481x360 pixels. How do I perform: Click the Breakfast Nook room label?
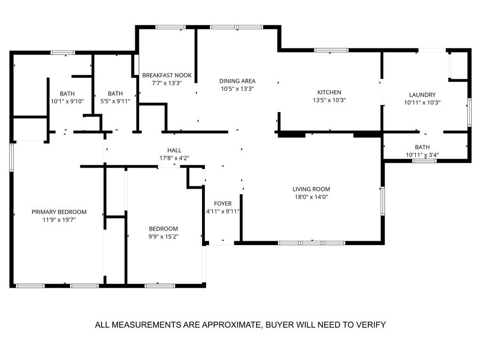point(167,75)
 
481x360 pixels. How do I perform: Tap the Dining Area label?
point(237,81)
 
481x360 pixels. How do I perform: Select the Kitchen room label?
point(329,92)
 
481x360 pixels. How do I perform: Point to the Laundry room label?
point(422,94)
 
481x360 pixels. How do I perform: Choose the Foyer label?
point(223,203)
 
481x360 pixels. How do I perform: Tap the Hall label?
point(174,150)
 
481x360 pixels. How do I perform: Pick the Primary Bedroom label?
point(59,212)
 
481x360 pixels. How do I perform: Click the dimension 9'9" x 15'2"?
point(163,237)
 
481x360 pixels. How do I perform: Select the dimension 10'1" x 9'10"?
point(67,101)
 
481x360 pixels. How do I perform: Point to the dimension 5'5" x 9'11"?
point(115,101)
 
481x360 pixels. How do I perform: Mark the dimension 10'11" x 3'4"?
point(422,155)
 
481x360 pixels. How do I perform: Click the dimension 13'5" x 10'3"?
point(329,100)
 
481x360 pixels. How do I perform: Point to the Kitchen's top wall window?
point(331,50)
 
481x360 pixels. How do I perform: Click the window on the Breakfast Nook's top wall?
point(171,27)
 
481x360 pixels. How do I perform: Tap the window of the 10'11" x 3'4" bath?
point(424,161)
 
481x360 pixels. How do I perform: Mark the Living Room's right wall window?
point(383,200)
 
